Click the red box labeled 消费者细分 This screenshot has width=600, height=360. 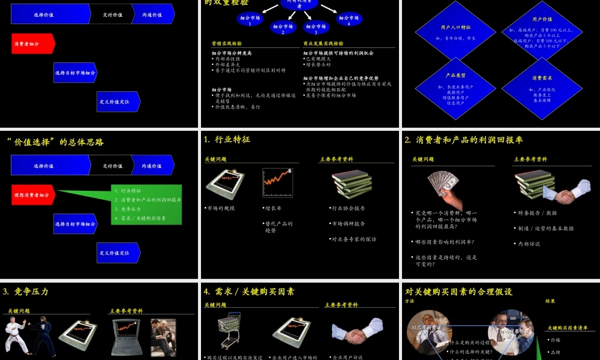(34, 43)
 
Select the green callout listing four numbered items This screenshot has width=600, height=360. (147, 204)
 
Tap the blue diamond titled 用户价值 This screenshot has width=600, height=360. (542, 32)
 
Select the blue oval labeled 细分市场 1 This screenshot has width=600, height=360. (250, 20)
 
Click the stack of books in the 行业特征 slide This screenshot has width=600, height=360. (352, 183)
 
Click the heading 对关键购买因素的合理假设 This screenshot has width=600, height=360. (459, 292)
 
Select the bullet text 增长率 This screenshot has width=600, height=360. (273, 208)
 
